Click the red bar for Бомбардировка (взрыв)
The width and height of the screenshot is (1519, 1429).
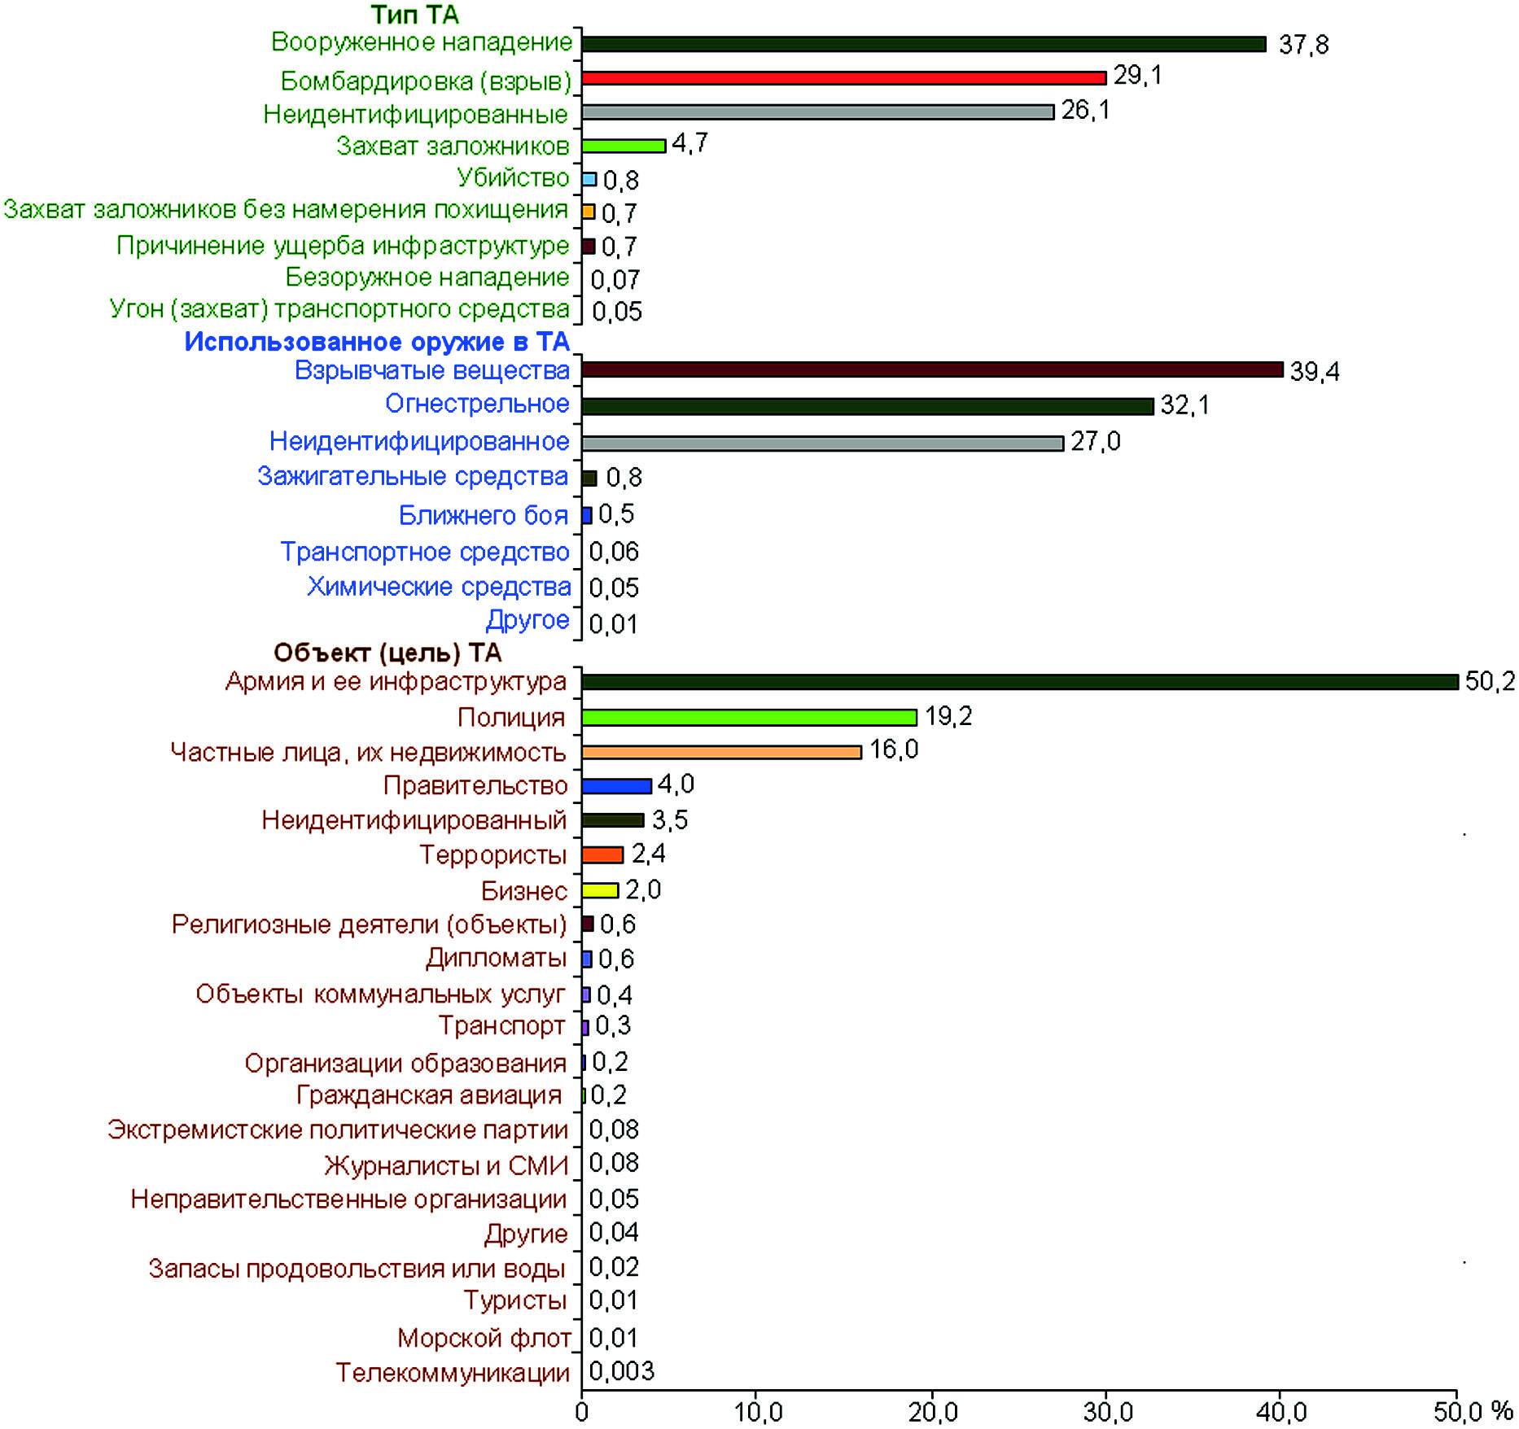tap(843, 78)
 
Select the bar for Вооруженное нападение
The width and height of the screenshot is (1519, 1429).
tap(923, 44)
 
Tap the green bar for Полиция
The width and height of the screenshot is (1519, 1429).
tap(749, 717)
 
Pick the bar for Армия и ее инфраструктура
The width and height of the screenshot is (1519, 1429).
tap(1019, 682)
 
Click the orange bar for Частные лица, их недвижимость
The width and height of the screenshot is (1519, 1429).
tap(721, 752)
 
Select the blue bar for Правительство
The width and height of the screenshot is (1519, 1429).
tap(616, 786)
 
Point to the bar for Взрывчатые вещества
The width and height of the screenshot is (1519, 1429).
tap(932, 370)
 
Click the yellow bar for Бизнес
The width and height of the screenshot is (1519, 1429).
tap(600, 890)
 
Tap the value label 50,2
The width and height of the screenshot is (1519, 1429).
tap(1490, 681)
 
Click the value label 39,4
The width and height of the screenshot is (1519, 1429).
tap(1314, 372)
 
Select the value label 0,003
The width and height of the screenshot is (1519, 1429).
tap(621, 1371)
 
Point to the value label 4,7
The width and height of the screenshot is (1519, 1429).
tap(689, 144)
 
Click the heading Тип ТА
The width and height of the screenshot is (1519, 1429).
tap(414, 15)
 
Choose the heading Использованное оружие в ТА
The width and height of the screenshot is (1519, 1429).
tap(376, 342)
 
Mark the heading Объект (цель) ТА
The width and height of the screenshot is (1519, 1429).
tap(387, 653)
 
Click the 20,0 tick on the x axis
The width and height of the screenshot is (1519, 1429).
tap(933, 1412)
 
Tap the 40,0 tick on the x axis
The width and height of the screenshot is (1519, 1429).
tap(1281, 1412)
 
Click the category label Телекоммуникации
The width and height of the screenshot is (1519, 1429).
tap(453, 1373)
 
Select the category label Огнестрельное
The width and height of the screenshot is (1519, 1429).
tap(477, 404)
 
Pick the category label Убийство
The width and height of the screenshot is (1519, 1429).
tap(513, 177)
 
